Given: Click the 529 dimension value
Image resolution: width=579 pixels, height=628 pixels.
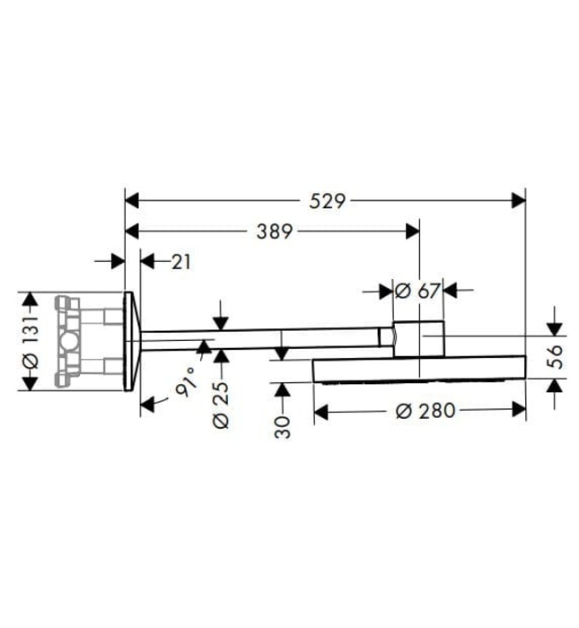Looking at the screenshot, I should (329, 201).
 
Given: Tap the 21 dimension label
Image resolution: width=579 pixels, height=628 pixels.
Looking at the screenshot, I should (180, 262).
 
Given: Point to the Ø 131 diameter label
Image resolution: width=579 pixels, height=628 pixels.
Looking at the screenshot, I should (29, 342).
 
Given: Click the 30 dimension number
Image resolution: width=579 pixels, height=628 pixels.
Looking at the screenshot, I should (284, 426).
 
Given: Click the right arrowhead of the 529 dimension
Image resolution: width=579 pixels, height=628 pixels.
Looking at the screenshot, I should (518, 201).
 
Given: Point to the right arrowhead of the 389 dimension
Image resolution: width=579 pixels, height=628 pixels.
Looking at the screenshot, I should (412, 231).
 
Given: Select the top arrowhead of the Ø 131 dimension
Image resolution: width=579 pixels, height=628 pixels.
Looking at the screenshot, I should (29, 299).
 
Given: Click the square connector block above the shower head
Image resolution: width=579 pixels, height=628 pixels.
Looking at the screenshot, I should (418, 338).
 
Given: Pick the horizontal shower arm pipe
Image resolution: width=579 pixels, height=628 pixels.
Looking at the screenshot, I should (260, 338).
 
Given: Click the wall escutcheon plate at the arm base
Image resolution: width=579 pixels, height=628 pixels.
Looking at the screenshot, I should (131, 341).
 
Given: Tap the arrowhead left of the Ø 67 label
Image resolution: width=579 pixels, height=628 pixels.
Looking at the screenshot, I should (386, 291).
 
